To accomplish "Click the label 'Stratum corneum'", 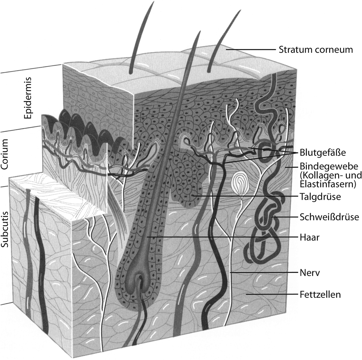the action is pos(315,50).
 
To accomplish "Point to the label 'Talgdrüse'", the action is pos(321,197).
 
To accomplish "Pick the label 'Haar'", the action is pos(310,237).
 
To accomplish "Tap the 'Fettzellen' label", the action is pos(320,295).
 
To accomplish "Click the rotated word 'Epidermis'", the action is pos(28,101).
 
